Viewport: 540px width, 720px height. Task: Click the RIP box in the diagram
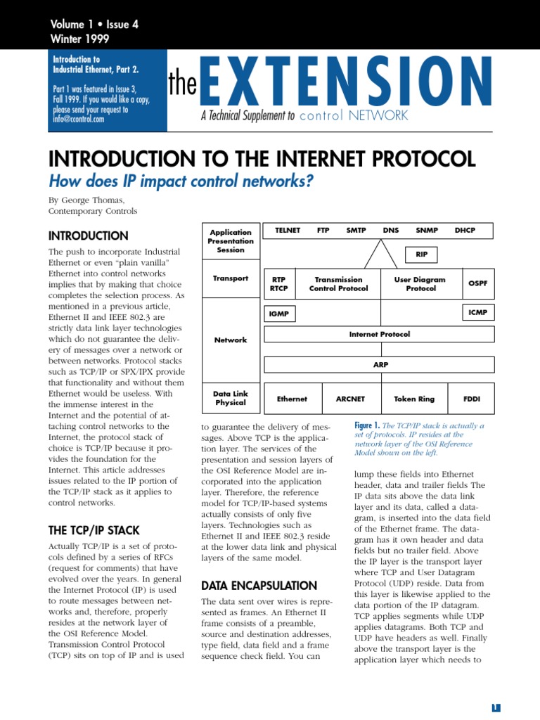422,255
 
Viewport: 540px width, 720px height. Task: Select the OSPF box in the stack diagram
477,283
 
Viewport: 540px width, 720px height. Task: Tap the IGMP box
279,314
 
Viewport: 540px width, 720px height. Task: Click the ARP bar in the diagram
380,365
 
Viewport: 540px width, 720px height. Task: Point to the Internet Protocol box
380,335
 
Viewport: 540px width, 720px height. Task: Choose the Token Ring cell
414,399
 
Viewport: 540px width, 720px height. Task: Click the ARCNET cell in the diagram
351,399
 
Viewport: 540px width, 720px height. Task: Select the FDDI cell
471,399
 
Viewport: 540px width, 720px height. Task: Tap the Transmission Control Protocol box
338,284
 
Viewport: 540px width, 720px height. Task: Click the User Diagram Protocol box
420,284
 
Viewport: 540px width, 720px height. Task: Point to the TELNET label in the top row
288,230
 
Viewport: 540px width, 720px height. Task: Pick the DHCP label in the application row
465,230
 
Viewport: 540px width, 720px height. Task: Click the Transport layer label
231,278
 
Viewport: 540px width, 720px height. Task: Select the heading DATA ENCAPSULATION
259,586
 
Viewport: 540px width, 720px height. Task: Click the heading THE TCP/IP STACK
94,531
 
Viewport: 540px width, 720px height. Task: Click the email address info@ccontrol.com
78,119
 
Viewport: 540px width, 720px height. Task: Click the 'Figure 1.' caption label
367,425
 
